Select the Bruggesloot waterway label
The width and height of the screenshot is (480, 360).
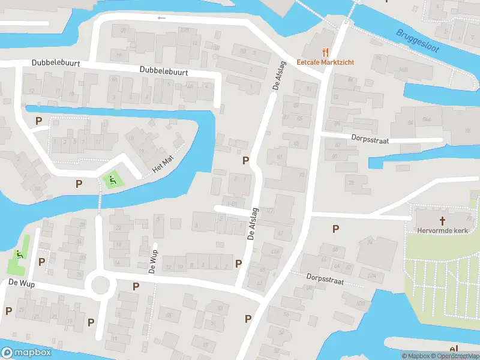coord(419,42)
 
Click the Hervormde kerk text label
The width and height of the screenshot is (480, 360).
coord(443,230)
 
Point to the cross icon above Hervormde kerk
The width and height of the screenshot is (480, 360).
coord(443,220)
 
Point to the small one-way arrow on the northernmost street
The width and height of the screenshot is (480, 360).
coord(161,18)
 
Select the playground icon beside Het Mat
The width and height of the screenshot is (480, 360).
coord(111,179)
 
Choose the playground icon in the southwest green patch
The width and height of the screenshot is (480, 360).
coord(21,254)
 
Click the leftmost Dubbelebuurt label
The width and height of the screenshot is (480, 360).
coord(56,62)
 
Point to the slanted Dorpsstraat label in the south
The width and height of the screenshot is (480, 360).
coord(324,280)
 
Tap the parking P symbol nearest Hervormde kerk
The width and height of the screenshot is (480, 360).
coord(335,229)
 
